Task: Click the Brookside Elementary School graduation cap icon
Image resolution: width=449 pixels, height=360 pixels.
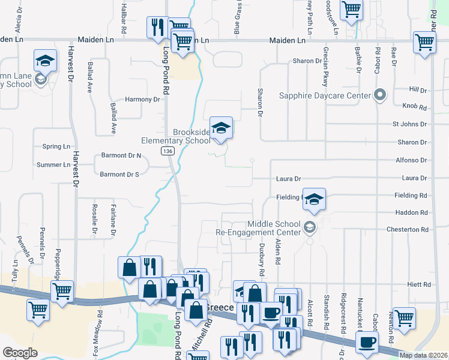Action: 221,128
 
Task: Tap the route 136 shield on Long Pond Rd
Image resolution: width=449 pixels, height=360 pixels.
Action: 167,152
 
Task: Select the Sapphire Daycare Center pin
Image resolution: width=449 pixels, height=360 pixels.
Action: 379,94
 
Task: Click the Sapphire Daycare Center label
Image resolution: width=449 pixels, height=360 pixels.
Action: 325,95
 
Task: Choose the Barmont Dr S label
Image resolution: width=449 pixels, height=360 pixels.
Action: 119,175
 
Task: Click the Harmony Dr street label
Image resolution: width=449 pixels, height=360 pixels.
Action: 143,100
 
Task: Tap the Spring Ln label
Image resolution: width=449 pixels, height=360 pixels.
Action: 56,146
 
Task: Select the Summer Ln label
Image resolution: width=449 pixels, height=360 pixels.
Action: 53,164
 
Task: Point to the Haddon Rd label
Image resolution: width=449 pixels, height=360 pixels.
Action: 411,212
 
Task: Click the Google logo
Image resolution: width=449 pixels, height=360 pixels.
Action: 20,353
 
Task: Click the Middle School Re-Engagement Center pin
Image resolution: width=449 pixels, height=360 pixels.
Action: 309,226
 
